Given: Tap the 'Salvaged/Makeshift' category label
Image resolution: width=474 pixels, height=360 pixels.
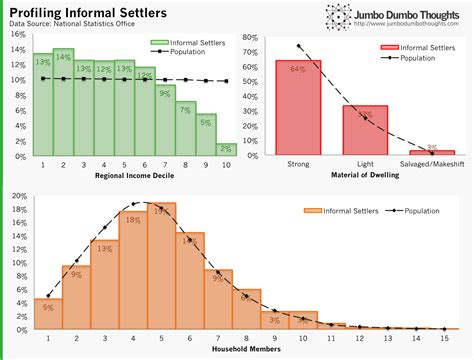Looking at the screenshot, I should pyautogui.click(x=430, y=164).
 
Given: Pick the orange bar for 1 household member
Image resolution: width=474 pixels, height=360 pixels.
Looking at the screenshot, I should pyautogui.click(x=47, y=314).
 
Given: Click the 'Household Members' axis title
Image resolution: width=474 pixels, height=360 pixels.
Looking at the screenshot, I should pyautogui.click(x=246, y=351).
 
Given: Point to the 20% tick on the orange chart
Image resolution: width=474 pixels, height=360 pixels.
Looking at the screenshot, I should pyautogui.click(x=17, y=195).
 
